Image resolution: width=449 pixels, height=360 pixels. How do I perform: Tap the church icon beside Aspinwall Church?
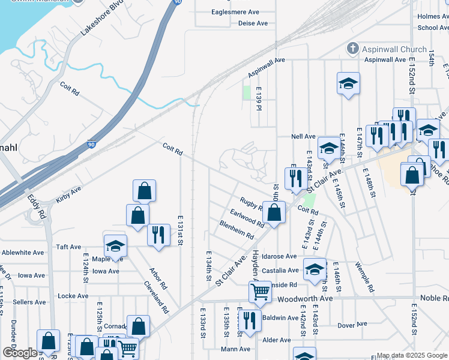point(353,49)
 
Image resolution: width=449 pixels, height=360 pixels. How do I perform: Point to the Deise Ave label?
point(253,23)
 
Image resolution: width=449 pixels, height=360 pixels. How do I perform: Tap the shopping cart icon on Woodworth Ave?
point(260,292)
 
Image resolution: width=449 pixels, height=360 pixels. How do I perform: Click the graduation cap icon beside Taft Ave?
point(115,245)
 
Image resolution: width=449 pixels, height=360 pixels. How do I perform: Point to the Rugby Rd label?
point(251,204)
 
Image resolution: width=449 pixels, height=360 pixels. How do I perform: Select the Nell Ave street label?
point(304,136)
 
